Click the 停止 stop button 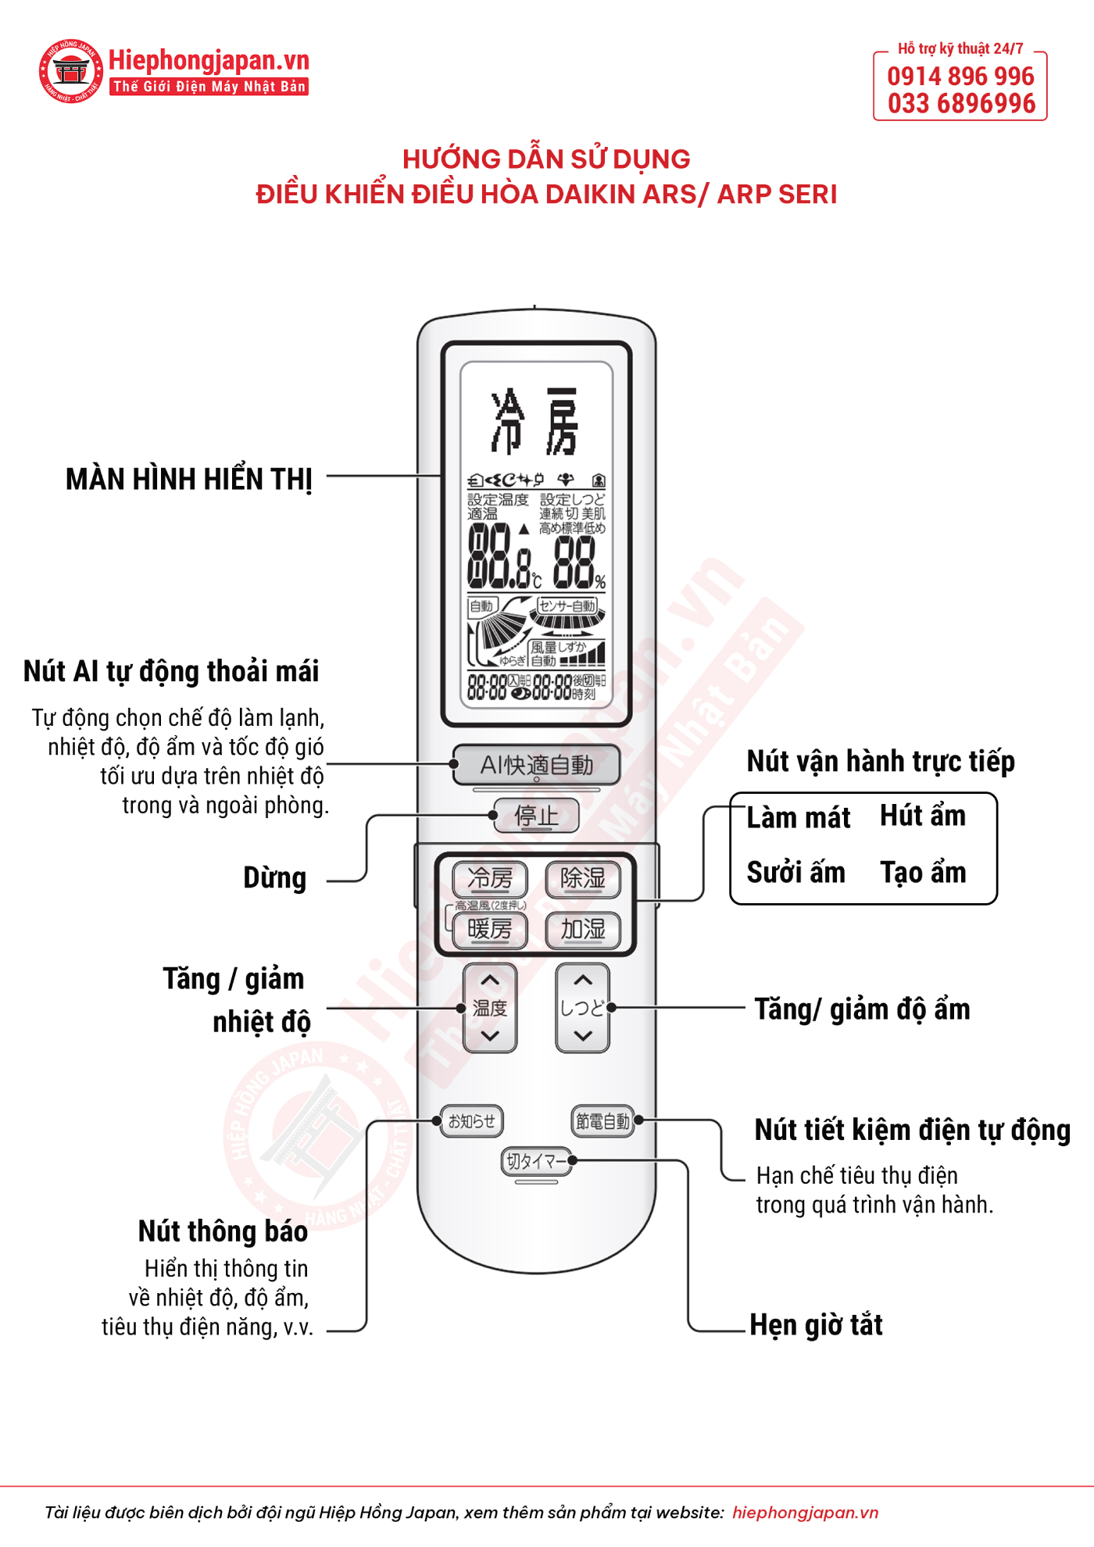coord(536,816)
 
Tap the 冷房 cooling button coord(490,878)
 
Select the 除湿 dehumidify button coord(583,878)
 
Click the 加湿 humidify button coord(583,929)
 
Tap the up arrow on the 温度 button coord(490,980)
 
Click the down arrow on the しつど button coord(583,1036)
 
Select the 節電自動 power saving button coord(602,1121)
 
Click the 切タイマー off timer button coord(536,1162)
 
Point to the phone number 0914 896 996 coord(960,77)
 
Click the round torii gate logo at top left coord(71,72)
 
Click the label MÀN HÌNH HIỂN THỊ coord(189,479)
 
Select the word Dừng coord(274,878)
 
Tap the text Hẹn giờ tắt coord(816,1325)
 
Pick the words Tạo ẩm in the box coord(923,872)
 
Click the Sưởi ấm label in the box coord(795,872)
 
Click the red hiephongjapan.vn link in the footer coord(805,1513)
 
